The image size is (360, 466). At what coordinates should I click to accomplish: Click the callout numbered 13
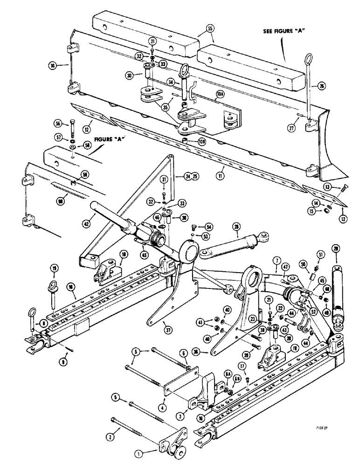coord(327,187)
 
